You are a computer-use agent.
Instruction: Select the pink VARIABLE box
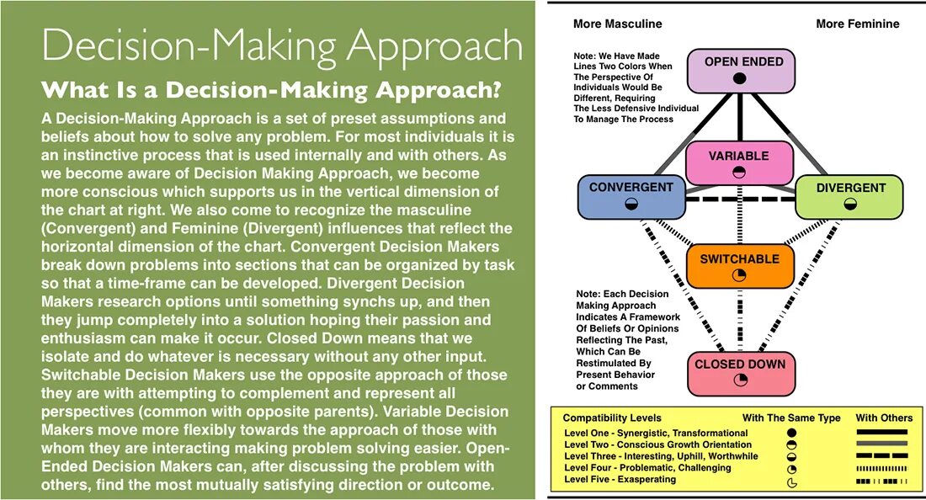[738, 162]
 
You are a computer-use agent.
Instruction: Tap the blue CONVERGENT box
[631, 196]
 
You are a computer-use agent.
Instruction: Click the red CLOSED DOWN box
[739, 372]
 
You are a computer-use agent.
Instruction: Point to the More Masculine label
[618, 24]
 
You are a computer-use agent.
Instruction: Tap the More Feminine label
[858, 24]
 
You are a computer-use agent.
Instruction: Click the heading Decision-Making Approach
[282, 44]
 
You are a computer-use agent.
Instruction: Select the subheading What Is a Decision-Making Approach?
[272, 89]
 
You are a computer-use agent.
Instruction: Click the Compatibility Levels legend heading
[612, 418]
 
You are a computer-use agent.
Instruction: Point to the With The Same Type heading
[790, 418]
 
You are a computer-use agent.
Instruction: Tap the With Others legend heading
[884, 418]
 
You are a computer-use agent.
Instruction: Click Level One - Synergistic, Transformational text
[656, 433]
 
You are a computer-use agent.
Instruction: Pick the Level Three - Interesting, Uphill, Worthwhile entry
[661, 456]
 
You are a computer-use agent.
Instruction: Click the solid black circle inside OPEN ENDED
[739, 78]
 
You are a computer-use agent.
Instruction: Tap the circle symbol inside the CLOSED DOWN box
[740, 380]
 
